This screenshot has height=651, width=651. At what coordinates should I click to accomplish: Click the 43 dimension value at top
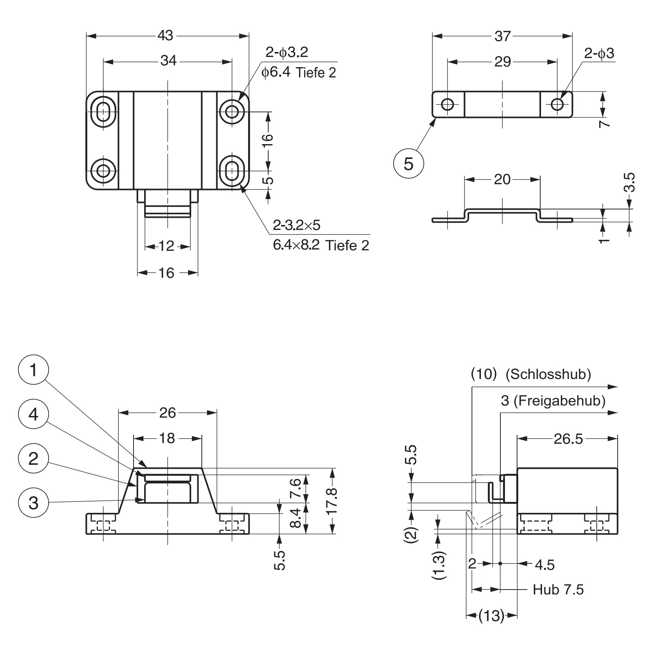[165, 36]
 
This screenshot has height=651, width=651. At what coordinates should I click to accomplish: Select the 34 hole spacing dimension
[168, 61]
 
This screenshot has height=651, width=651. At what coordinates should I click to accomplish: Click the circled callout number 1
[33, 370]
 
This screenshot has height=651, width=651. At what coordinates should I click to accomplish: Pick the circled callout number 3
[33, 503]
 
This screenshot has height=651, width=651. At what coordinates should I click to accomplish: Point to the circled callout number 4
[33, 414]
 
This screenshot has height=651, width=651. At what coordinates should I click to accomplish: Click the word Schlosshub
[548, 374]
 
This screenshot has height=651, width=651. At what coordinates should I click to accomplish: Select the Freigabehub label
[558, 401]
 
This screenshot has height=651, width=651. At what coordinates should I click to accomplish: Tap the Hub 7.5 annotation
[558, 590]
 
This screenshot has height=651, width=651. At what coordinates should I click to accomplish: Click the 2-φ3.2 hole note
[287, 52]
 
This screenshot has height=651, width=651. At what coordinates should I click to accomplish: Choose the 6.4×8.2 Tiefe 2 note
[321, 245]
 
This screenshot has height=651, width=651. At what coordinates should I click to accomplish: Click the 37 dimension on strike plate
[503, 36]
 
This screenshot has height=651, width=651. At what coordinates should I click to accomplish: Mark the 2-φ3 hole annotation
[599, 54]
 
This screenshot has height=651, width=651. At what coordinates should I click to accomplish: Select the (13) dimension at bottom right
[492, 616]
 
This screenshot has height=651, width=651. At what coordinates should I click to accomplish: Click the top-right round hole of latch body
[232, 112]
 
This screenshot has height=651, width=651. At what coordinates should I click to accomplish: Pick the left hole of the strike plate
[448, 104]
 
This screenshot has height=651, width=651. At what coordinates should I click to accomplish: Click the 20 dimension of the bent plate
[502, 179]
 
